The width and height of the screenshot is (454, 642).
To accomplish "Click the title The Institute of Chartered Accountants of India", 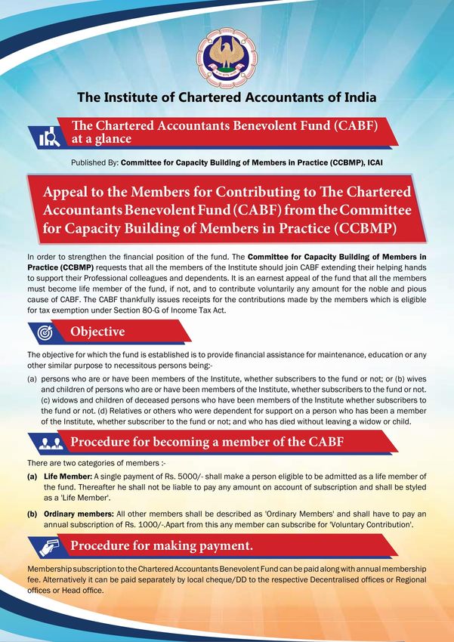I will [227, 97].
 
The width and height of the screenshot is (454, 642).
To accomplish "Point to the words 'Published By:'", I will [94, 162].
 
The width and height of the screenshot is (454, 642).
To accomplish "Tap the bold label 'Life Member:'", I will [66, 478].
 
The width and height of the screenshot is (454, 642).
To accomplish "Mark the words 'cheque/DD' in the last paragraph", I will [209, 579].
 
